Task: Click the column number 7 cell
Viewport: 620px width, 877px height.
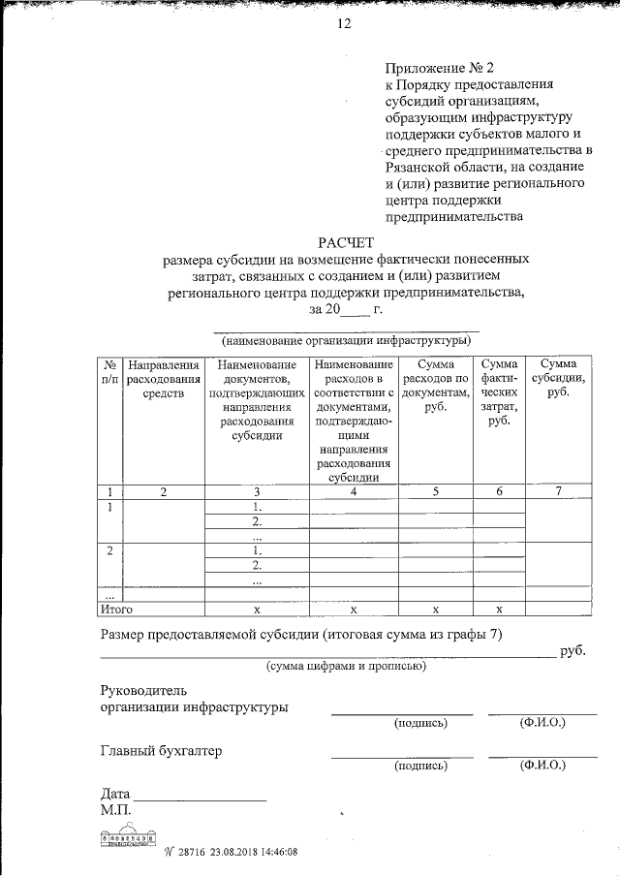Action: click(x=558, y=491)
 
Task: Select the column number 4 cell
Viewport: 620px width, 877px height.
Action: click(x=354, y=491)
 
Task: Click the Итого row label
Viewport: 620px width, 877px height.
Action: click(x=116, y=610)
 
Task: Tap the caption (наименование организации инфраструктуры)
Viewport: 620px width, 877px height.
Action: click(x=346, y=340)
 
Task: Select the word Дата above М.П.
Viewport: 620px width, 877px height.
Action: click(x=115, y=794)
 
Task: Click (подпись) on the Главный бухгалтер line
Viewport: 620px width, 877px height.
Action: click(x=419, y=766)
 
